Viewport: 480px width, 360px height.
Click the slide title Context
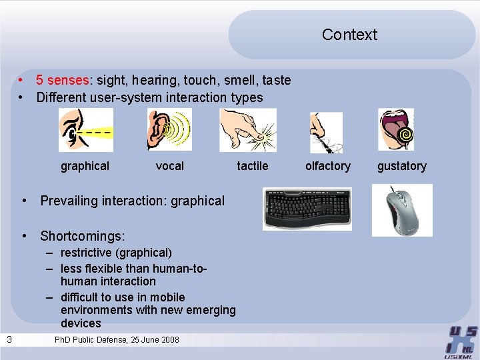349,35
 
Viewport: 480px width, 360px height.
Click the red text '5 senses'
62,80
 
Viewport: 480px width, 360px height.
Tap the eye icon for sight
85,130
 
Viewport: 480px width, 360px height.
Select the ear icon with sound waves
169,130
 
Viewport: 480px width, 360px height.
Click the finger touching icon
248,130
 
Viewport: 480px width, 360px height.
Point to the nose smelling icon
326,132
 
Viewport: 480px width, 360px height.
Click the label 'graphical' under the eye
85,166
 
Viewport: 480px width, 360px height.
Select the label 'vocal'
169,166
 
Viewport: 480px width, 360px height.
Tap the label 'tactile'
253,166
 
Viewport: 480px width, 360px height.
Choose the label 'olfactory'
327,166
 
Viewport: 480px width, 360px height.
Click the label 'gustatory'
401,166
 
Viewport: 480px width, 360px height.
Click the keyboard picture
307,209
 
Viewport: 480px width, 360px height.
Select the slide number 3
9,340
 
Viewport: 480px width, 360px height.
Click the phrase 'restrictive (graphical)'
116,253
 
